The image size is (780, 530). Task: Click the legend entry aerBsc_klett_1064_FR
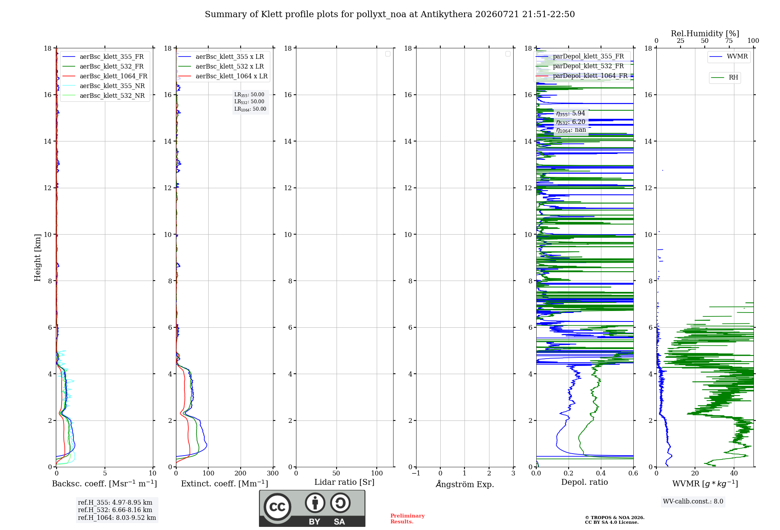tap(105, 76)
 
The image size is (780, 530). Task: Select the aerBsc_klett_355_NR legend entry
tap(104, 86)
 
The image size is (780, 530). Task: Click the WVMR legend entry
tap(729, 57)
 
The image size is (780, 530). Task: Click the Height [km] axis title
tap(37, 258)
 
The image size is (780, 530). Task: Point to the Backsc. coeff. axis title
tap(105, 484)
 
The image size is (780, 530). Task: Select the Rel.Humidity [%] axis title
tap(705, 34)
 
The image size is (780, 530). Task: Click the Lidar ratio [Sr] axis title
tap(344, 482)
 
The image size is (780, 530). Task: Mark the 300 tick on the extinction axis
tap(273, 473)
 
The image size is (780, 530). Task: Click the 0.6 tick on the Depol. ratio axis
tap(633, 473)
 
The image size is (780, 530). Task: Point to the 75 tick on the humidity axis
tap(729, 41)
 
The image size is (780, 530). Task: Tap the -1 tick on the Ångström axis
tap(416, 473)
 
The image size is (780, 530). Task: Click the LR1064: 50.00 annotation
tap(250, 109)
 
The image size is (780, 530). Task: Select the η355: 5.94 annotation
tap(571, 113)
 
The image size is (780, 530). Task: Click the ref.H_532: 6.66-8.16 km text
tap(115, 510)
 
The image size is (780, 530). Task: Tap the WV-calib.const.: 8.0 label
tap(693, 502)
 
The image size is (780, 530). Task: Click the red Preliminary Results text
tap(408, 519)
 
